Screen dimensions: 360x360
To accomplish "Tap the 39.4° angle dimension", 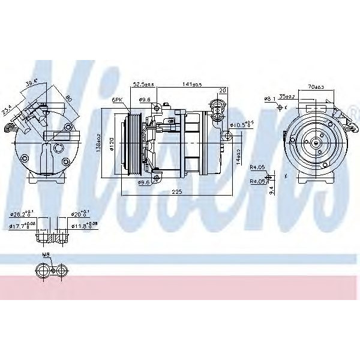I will pyautogui.click(x=32, y=83).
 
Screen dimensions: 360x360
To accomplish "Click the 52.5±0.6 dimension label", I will pyautogui.click(x=144, y=85).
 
